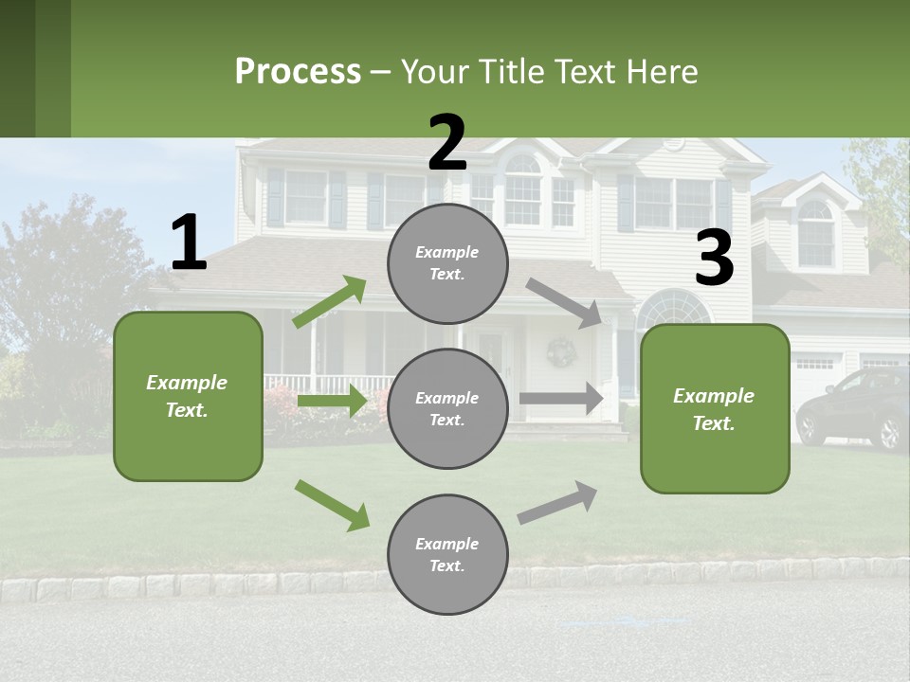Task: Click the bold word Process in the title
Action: tap(298, 72)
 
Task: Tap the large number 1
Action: tap(189, 242)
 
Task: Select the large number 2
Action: tap(447, 143)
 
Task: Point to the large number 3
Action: tap(714, 259)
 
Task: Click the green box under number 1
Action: tap(188, 396)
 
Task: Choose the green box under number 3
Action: tap(715, 408)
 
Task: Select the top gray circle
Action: tap(447, 263)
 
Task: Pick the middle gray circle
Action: tap(447, 408)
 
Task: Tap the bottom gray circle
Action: tap(447, 554)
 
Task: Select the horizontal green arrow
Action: tap(332, 401)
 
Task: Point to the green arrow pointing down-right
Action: tap(332, 504)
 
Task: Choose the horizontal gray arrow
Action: tap(561, 398)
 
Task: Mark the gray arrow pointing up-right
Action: tap(557, 502)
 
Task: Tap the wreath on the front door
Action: tap(561, 352)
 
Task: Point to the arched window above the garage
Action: tap(815, 232)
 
